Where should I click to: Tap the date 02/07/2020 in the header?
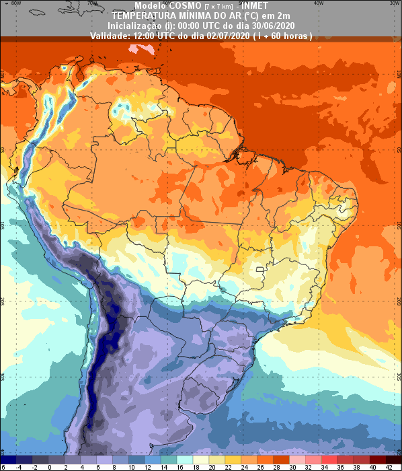click(x=229, y=35)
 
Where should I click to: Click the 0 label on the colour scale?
click(x=50, y=466)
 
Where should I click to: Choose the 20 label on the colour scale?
click(x=211, y=466)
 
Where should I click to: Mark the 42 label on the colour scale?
click(x=389, y=466)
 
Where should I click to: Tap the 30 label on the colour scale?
click(x=292, y=466)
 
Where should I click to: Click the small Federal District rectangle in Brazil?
click(x=262, y=272)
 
